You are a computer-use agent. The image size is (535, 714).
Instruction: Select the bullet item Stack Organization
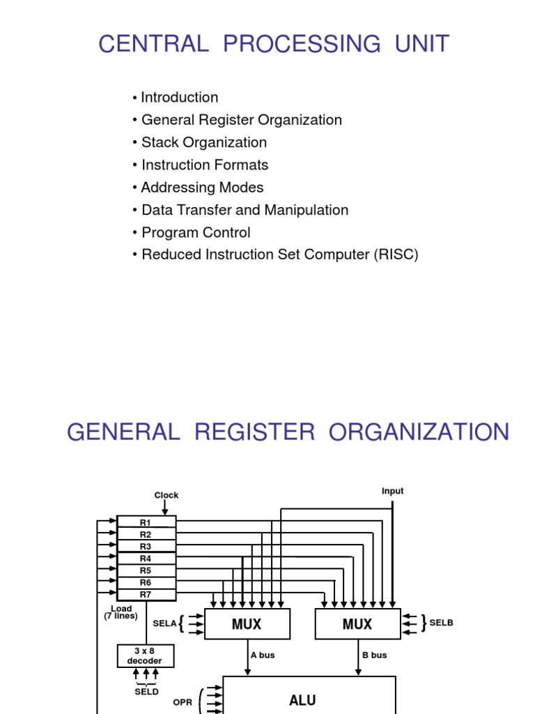click(203, 142)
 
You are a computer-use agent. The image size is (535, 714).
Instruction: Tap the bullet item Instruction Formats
click(204, 165)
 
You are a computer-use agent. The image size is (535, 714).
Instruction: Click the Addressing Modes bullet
click(202, 188)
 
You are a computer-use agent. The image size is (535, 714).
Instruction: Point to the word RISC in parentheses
click(396, 255)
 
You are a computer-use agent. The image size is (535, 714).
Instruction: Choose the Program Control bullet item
click(196, 232)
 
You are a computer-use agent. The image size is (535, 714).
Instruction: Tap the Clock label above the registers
click(166, 495)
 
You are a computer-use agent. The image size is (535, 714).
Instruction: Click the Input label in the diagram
click(392, 491)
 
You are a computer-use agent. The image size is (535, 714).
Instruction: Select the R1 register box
click(146, 522)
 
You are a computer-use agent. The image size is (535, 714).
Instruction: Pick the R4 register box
click(146, 559)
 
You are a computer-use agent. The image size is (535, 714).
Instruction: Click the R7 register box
click(146, 594)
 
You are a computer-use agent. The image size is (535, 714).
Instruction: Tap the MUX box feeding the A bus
click(247, 624)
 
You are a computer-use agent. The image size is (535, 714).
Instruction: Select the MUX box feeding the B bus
click(357, 624)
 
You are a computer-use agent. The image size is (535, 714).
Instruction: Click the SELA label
click(165, 623)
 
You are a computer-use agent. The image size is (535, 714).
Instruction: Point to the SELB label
click(441, 623)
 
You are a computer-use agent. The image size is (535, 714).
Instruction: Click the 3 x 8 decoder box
click(145, 655)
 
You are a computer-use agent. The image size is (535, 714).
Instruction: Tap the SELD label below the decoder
click(146, 692)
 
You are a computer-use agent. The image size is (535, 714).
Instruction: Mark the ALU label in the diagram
click(302, 700)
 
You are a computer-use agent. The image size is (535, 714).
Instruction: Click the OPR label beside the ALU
click(183, 703)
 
